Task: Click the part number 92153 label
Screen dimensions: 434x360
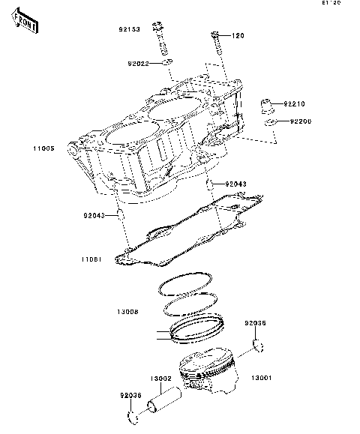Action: (128, 31)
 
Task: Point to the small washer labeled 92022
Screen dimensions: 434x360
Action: (168, 63)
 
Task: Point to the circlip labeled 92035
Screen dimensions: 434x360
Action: (259, 345)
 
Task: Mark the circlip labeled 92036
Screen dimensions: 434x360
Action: (133, 416)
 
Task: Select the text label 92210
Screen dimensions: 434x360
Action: (295, 103)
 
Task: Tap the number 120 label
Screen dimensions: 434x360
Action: (238, 35)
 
